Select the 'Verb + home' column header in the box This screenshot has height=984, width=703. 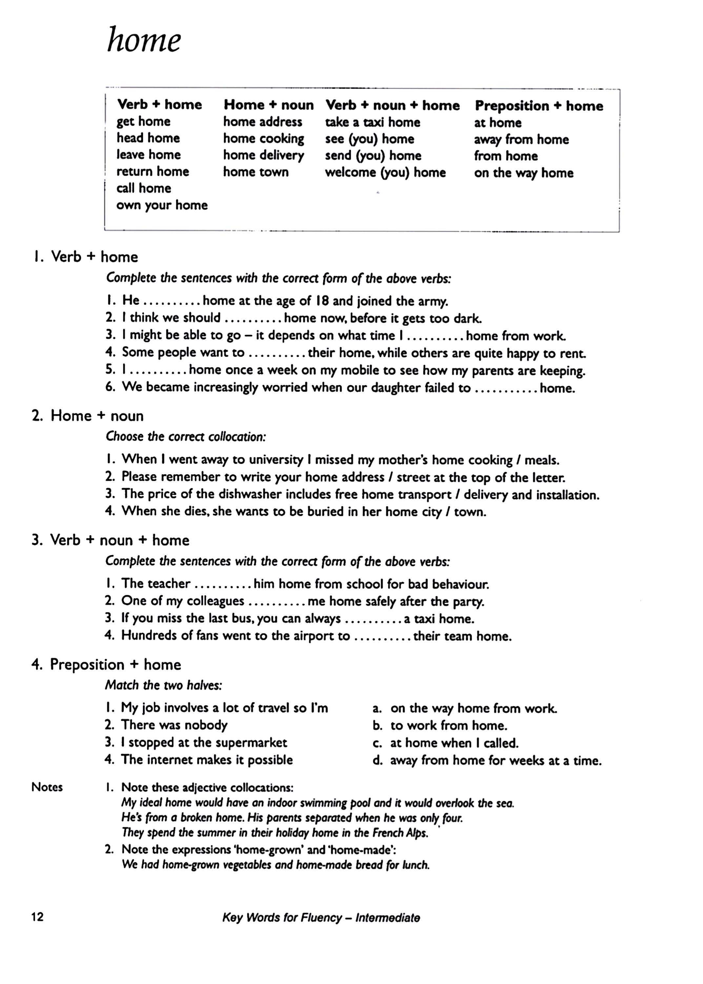(x=159, y=104)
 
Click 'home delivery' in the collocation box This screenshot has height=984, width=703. (x=264, y=155)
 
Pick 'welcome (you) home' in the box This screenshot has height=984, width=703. (x=385, y=172)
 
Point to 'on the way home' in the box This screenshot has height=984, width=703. (x=523, y=173)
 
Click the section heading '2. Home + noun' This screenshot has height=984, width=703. (x=88, y=416)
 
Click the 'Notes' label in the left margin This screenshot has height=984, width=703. (x=47, y=787)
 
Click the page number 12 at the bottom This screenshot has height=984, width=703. (x=38, y=916)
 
